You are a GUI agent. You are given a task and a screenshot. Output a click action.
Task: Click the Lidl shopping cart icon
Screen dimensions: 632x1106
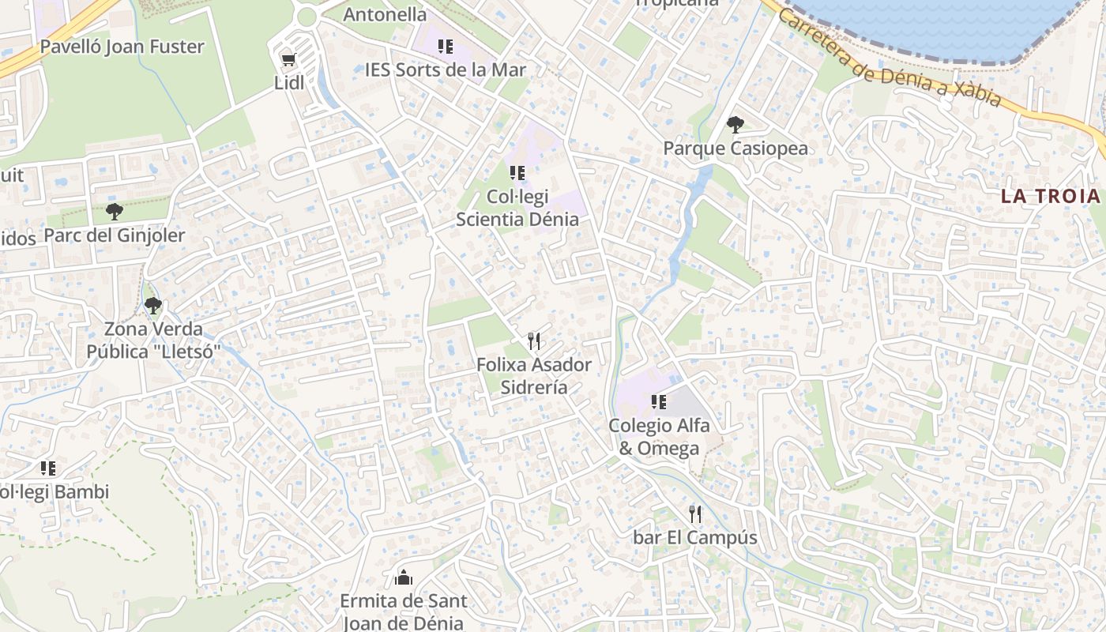[x=288, y=59]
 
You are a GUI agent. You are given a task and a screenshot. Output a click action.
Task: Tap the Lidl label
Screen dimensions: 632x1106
[x=289, y=82]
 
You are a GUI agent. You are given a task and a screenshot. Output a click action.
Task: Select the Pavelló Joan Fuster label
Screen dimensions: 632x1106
[x=122, y=47]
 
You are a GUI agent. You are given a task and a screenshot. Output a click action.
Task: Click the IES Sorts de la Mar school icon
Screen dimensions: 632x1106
[x=446, y=47]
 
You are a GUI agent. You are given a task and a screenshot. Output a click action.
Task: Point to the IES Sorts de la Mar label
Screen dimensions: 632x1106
[x=446, y=70]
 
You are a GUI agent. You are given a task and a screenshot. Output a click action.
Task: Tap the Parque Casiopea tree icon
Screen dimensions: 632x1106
[x=735, y=125]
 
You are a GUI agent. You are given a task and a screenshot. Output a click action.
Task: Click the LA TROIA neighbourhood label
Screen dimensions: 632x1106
[x=1051, y=196]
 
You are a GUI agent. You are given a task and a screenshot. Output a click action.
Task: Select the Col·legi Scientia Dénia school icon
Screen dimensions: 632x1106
[x=517, y=173]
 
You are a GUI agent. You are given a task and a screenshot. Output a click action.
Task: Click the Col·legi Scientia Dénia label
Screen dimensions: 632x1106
[x=517, y=208]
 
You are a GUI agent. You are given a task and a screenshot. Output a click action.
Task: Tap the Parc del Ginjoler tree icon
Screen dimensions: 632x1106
[x=115, y=212]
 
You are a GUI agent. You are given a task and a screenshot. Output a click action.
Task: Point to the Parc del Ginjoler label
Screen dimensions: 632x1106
[x=115, y=235]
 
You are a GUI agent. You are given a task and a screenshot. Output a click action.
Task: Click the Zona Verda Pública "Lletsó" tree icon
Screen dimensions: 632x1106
[x=152, y=305]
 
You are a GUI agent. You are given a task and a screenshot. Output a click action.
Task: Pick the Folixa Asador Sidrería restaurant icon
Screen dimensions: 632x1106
[x=534, y=341]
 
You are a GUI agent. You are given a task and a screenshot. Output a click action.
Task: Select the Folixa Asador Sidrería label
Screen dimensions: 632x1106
[x=534, y=376]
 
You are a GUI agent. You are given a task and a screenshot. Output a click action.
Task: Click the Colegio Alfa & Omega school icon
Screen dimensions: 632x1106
[x=659, y=402]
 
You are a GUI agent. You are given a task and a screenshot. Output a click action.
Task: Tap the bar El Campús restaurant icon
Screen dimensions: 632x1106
[x=695, y=514]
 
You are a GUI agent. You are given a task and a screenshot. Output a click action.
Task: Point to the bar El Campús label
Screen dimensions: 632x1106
[x=695, y=538]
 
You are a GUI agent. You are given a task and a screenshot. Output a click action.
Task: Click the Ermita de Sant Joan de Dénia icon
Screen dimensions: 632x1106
[x=404, y=577]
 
